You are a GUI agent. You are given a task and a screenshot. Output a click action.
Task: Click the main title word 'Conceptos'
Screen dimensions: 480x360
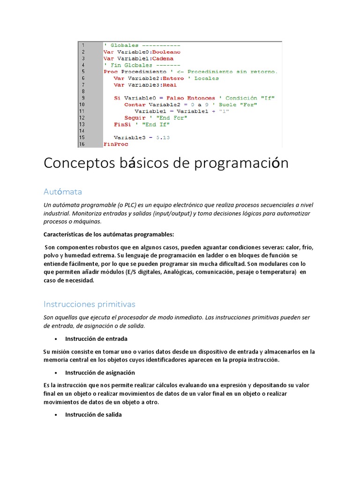point(73,164)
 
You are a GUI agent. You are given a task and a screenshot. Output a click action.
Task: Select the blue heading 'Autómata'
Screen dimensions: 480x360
point(63,192)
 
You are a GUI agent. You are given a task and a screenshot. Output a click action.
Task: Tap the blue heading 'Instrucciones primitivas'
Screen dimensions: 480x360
point(89,304)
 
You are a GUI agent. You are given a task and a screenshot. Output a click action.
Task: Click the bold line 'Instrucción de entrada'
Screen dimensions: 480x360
point(96,338)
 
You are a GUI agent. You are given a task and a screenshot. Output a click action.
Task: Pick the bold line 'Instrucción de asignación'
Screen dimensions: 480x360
point(100,373)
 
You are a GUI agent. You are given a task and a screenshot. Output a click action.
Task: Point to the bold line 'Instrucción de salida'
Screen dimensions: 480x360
point(93,414)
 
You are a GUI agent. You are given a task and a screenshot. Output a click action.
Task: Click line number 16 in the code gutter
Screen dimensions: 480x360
point(82,144)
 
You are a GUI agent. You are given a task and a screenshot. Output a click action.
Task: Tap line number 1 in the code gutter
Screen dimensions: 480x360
point(83,45)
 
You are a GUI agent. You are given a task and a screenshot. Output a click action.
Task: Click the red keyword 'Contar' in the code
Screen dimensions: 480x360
point(135,105)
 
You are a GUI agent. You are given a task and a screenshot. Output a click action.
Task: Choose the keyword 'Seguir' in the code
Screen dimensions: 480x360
point(135,118)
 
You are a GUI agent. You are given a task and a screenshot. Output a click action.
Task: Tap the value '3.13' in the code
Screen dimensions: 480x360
point(163,138)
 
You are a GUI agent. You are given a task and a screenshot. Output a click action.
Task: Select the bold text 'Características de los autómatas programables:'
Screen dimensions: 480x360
point(109,234)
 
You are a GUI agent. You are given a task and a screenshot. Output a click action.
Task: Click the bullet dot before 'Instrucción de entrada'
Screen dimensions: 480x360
point(56,339)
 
